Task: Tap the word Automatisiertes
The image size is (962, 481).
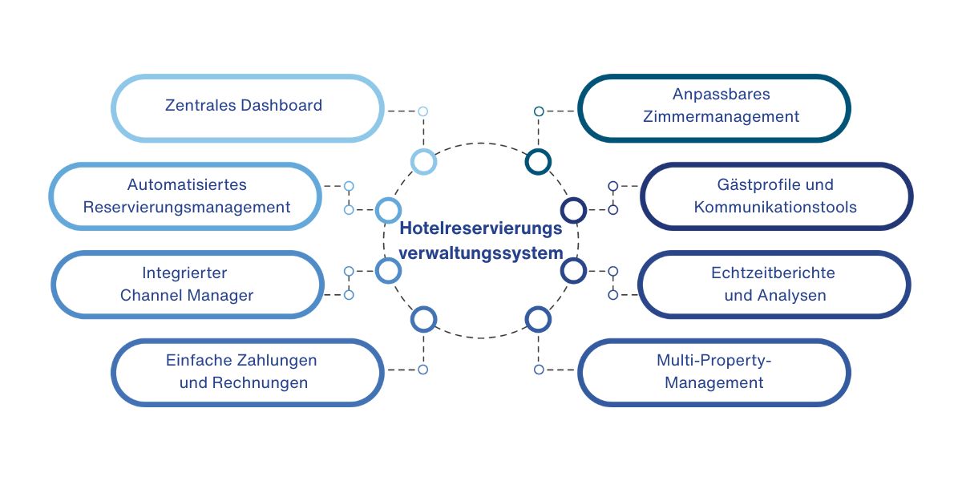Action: click(x=187, y=184)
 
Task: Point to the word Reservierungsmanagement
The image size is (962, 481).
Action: click(x=187, y=207)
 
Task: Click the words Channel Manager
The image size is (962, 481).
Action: click(x=187, y=295)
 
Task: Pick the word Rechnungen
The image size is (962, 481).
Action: click(x=260, y=382)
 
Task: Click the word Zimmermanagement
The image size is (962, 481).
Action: click(x=721, y=116)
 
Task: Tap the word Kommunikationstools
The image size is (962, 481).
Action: click(x=775, y=207)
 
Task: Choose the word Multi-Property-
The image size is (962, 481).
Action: click(x=713, y=360)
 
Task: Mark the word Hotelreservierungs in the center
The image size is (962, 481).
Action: click(x=481, y=228)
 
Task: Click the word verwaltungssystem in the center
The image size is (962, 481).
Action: click(x=481, y=253)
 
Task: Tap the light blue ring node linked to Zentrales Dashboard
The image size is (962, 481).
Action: click(x=423, y=161)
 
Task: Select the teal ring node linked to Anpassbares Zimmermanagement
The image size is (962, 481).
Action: click(x=538, y=161)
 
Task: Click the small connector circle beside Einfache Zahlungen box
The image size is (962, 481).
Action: click(x=423, y=370)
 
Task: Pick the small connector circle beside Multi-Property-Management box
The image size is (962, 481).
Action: click(x=539, y=370)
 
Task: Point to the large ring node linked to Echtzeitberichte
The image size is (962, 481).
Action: click(x=573, y=271)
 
